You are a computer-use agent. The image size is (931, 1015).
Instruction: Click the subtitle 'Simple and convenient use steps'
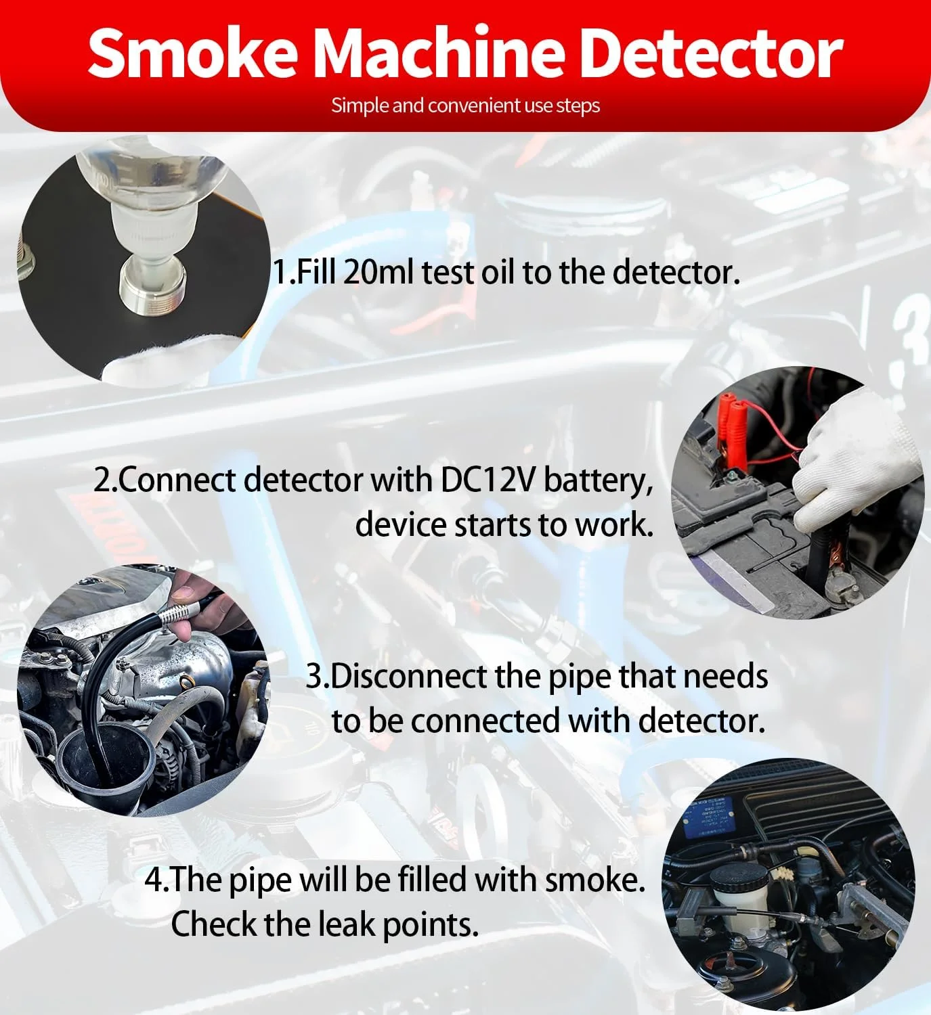[466, 106]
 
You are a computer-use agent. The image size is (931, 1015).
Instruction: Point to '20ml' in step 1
[378, 272]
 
